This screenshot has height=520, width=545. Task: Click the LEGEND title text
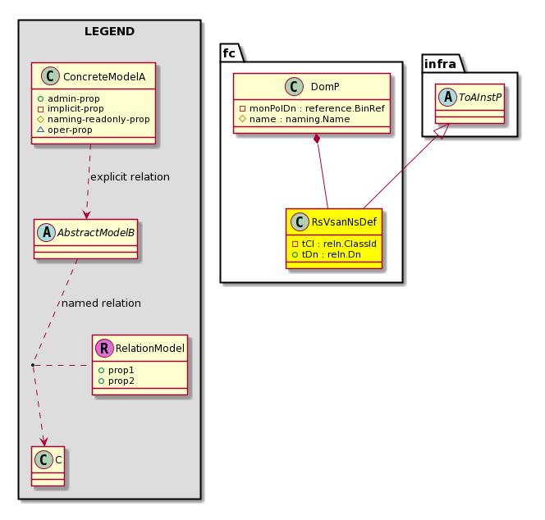[109, 31]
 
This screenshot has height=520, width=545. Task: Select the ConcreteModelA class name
[104, 76]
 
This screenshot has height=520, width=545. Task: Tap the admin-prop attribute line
[68, 98]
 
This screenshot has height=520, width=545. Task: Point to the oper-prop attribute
[65, 130]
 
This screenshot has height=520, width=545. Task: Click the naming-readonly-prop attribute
[94, 119]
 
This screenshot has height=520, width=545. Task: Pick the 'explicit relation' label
[130, 177]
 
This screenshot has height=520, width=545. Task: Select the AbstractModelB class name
[95, 233]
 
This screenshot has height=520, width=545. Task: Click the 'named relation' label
[101, 303]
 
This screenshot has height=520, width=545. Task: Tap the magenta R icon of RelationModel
[104, 348]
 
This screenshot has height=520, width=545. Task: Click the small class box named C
[48, 466]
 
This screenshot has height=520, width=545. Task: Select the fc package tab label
[229, 53]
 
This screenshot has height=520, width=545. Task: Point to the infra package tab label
[440, 64]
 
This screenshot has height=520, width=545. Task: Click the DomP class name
[325, 86]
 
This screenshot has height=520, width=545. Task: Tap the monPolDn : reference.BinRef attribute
[312, 109]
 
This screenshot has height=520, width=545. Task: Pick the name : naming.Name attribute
[295, 119]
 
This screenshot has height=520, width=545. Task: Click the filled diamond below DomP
[317, 139]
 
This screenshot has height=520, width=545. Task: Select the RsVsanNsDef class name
[344, 222]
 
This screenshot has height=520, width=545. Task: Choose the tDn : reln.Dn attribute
[327, 254]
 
